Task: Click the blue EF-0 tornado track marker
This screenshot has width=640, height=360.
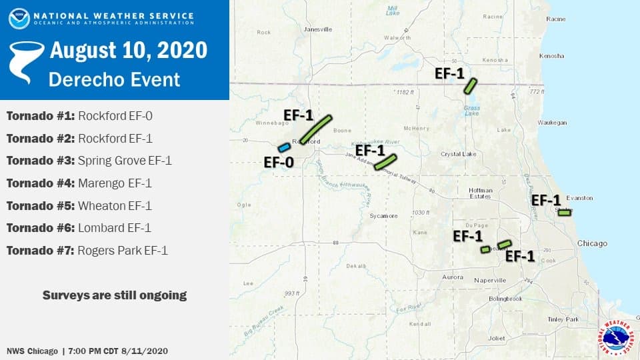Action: click(284, 147)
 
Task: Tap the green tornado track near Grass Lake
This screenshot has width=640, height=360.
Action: click(471, 86)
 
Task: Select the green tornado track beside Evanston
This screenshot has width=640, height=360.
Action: click(564, 213)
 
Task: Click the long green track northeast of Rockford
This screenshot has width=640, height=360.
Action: click(315, 129)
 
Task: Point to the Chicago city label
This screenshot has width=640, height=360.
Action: click(592, 243)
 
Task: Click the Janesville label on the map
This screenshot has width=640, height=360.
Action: click(317, 29)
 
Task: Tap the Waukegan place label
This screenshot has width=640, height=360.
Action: click(552, 123)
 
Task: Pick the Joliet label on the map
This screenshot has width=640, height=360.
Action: click(496, 338)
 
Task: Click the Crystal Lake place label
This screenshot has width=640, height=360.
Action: click(457, 154)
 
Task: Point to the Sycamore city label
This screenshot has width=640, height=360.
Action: click(384, 216)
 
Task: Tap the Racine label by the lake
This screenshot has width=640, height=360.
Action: click(555, 19)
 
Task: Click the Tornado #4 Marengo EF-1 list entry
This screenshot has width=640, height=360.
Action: click(79, 183)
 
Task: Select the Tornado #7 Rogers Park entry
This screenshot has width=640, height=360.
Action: click(87, 251)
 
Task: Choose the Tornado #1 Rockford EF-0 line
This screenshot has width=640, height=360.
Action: click(79, 116)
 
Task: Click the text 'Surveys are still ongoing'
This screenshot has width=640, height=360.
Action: click(115, 295)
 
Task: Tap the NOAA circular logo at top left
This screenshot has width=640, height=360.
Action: click(19, 18)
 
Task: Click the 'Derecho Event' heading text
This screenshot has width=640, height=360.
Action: click(114, 79)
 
